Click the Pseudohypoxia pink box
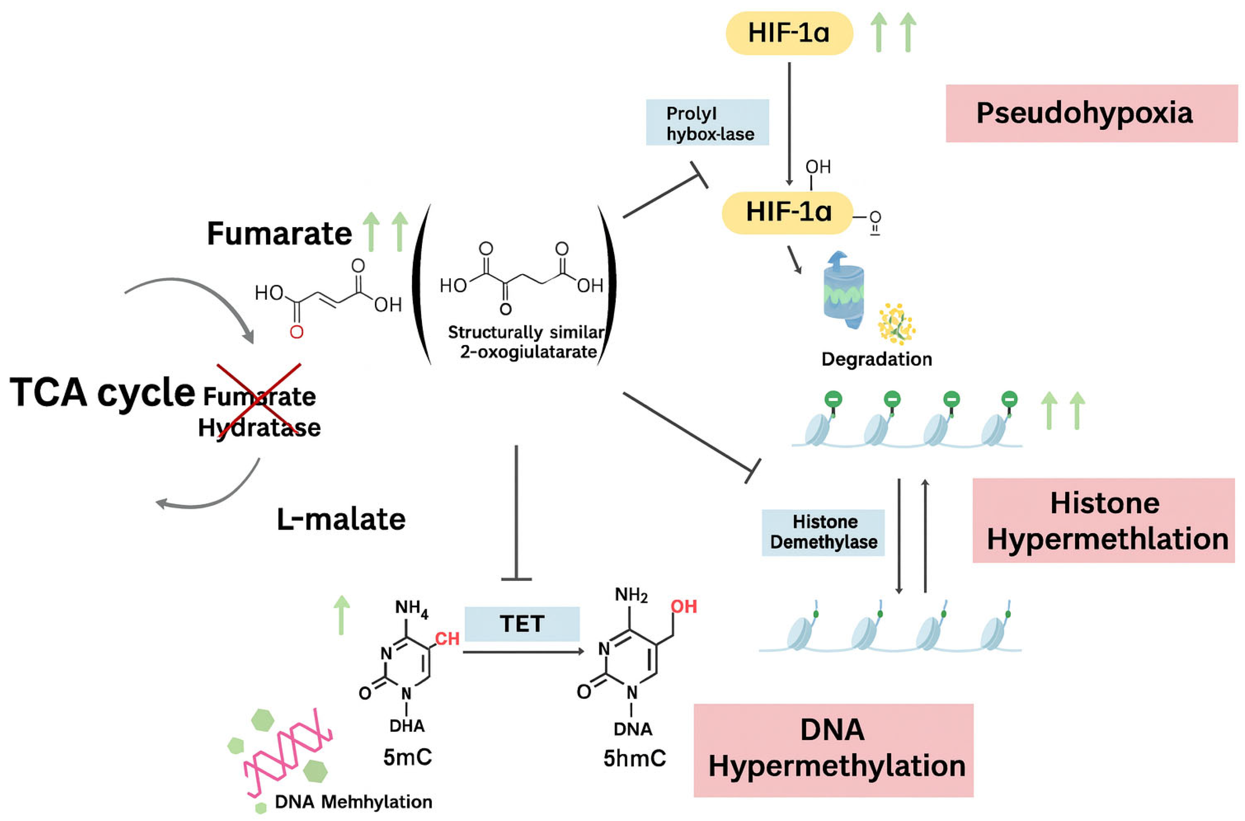tap(1091, 113)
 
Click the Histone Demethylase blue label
tap(823, 532)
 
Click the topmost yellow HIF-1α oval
tap(789, 33)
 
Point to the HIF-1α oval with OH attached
tap(787, 212)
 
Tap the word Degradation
tap(876, 359)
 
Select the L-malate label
tap(341, 519)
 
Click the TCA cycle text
tap(102, 392)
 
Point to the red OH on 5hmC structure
tap(684, 606)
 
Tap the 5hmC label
tap(634, 758)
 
